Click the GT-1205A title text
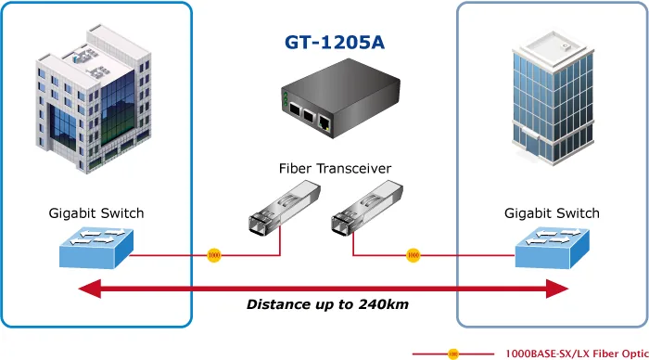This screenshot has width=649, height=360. click(335, 42)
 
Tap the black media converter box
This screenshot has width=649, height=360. click(340, 98)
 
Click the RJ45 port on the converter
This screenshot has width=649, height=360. click(324, 122)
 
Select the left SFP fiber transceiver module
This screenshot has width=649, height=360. click(285, 208)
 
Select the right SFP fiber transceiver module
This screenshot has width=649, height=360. click(367, 208)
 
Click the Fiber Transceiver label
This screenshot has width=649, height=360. click(335, 169)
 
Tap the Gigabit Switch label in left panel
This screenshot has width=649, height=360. click(96, 213)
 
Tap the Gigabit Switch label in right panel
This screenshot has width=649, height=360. click(552, 213)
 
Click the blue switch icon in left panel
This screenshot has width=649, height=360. click(96, 248)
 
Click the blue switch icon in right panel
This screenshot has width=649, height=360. click(553, 248)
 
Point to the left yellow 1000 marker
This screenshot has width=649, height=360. click(214, 255)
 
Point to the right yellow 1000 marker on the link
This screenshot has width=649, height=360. click(414, 255)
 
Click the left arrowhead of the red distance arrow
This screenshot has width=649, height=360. click(89, 289)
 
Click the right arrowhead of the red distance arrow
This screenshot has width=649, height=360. click(557, 289)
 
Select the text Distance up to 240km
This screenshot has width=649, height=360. click(327, 304)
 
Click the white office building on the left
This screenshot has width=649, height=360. click(94, 98)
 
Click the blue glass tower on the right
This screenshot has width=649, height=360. click(553, 96)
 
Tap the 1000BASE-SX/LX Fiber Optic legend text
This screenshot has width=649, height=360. click(577, 354)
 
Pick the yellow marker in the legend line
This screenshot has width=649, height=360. click(453, 354)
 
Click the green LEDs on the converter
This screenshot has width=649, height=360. click(286, 99)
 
